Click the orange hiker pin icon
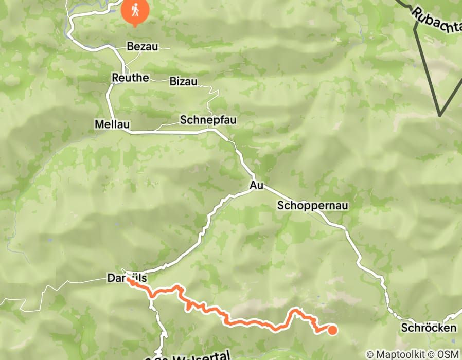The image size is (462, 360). [x=135, y=10]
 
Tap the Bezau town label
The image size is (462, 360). [x=142, y=47]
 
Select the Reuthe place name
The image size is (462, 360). [x=130, y=78]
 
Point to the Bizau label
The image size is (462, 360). [x=183, y=81]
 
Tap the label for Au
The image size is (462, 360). [x=256, y=185]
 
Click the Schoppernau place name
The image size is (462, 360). [x=313, y=206]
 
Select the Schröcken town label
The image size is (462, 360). [x=429, y=328]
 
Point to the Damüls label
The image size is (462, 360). [x=127, y=278]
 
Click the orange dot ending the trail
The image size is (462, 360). [x=332, y=330]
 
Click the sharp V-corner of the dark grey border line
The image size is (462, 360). [x=440, y=115]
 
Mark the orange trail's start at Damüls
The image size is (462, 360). [x=129, y=281]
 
